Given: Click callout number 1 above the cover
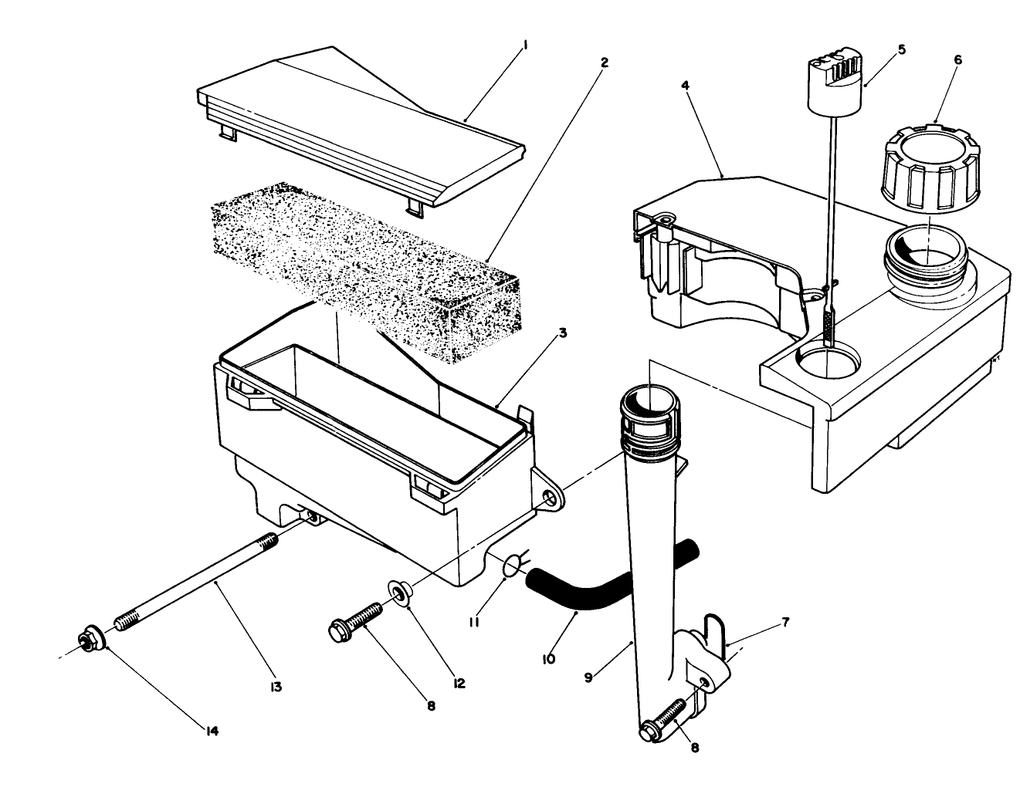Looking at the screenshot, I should click(x=526, y=46).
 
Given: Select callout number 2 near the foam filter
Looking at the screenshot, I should click(x=605, y=62).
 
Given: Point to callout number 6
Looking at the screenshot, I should click(x=957, y=58).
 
